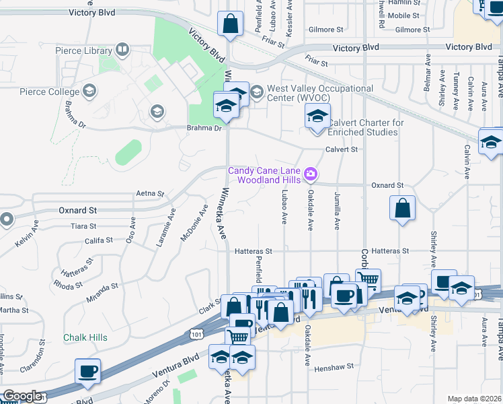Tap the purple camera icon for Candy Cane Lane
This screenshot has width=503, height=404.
coord(310,174)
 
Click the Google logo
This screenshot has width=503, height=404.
coord(22,396)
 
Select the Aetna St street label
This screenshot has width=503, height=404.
coord(150,193)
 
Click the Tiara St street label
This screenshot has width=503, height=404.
coord(83,226)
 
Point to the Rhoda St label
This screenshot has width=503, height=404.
coord(68,285)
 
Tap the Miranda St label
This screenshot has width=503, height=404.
coord(102,290)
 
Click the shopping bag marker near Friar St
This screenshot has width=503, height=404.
coord(230,24)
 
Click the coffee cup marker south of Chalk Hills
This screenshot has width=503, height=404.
coord(89,370)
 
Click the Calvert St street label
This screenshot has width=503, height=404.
coord(342,149)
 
